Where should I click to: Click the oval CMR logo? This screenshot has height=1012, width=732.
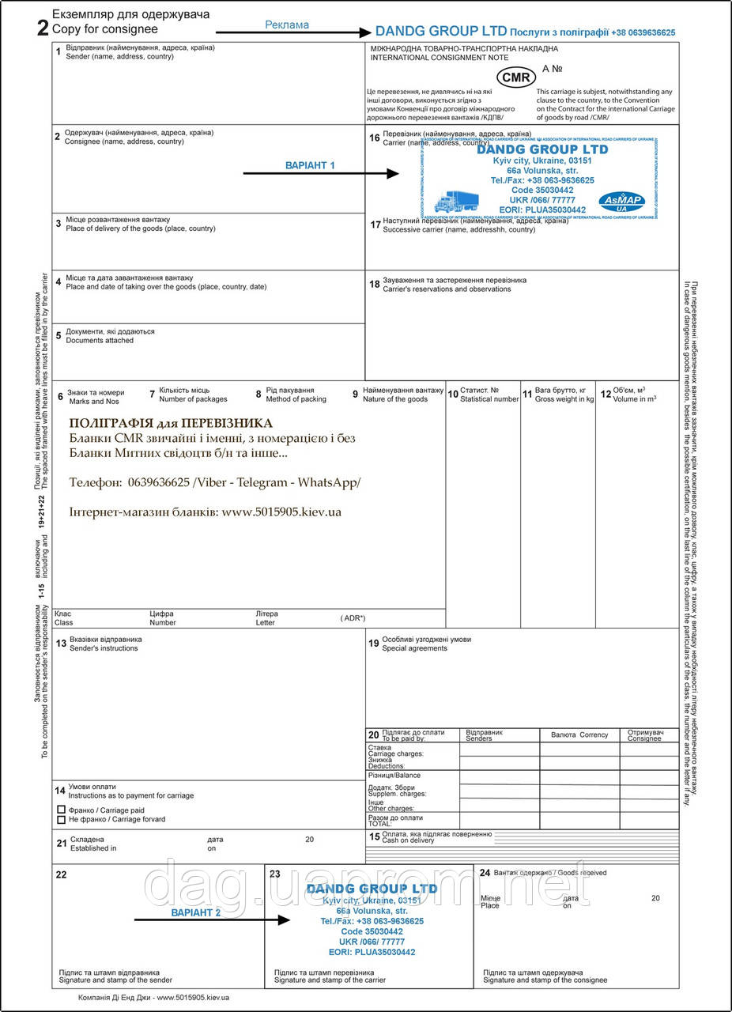(515, 77)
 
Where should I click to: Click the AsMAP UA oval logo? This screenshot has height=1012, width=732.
(621, 201)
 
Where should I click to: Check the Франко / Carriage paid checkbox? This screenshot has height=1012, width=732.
(62, 810)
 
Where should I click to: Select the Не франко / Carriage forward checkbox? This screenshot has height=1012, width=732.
(62, 820)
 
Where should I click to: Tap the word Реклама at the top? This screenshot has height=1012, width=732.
(287, 25)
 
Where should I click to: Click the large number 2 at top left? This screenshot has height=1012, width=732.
(43, 29)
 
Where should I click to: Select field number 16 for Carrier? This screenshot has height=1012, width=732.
(375, 138)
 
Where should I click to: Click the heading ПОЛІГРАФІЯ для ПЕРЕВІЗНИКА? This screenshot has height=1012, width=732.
(171, 423)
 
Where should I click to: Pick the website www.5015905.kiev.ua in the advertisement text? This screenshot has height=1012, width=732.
(281, 512)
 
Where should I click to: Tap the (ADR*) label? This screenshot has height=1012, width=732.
(353, 617)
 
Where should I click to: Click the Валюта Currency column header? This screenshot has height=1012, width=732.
(579, 734)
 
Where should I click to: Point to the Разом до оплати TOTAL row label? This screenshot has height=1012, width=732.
(396, 821)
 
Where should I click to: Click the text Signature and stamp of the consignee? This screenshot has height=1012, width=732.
(545, 980)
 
